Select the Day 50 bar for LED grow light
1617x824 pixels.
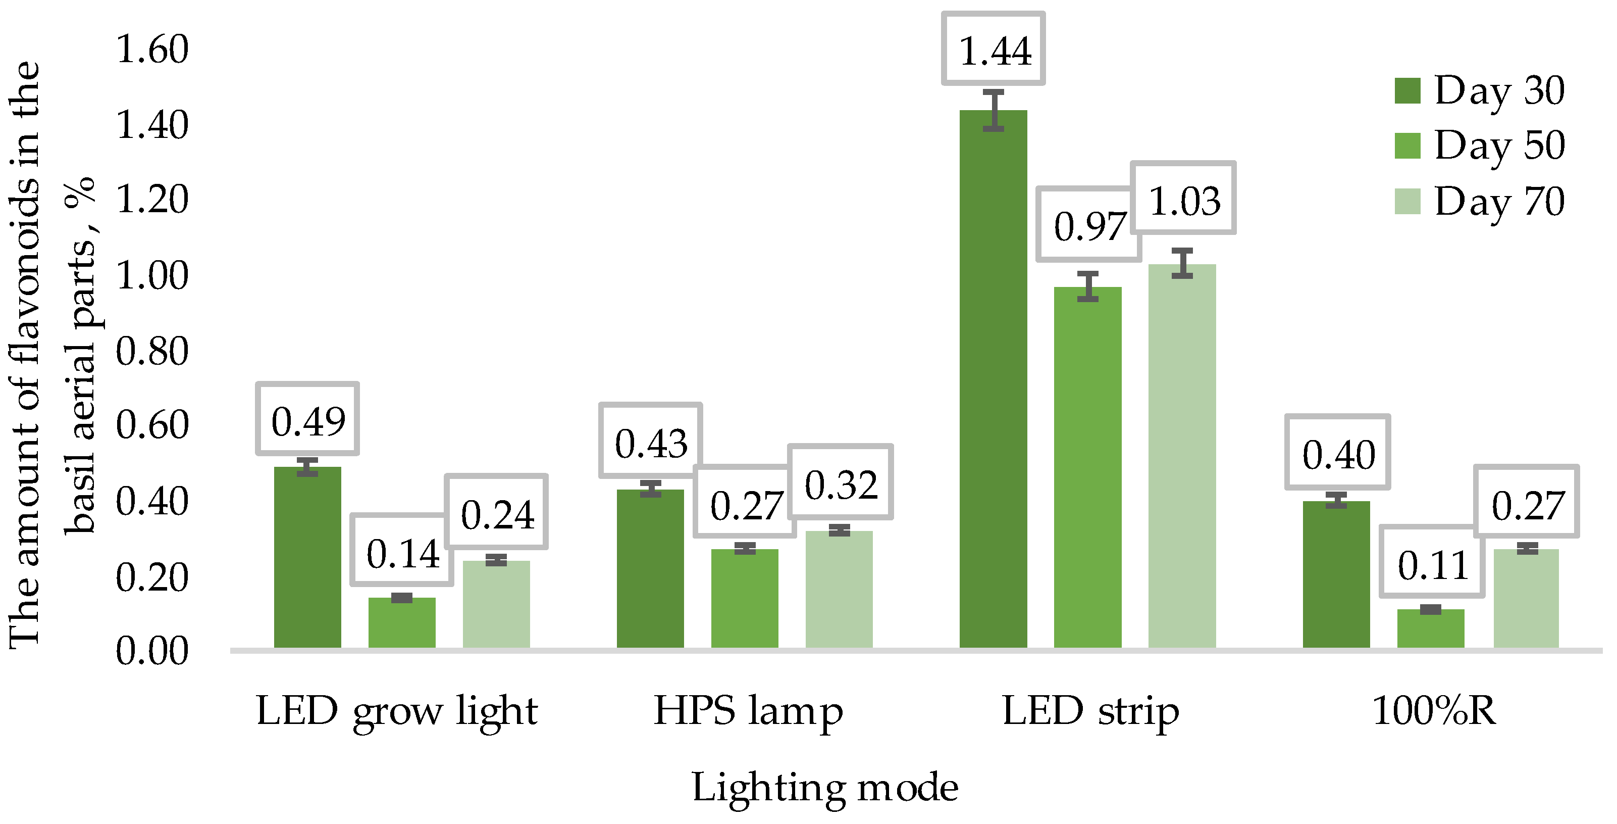pos(402,622)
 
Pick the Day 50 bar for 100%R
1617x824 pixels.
pos(1431,628)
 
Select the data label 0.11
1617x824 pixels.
pos(1432,564)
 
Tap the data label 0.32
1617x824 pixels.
pos(841,484)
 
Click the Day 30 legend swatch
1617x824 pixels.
pos(1407,90)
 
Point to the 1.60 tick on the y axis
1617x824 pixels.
pos(152,49)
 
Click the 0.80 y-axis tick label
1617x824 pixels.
pos(152,351)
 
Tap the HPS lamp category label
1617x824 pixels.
pos(748,711)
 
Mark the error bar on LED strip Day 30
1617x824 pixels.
pos(993,110)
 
